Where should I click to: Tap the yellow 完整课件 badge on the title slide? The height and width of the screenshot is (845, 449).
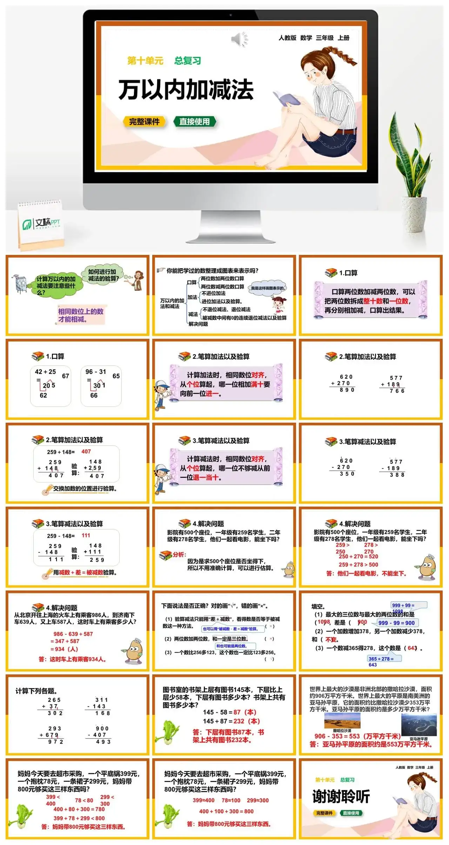pos(144,122)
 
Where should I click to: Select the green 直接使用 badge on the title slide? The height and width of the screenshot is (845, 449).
pos(194,122)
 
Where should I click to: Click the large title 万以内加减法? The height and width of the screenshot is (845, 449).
pos(186,90)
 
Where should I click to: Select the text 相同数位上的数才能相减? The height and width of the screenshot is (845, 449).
pos(81,315)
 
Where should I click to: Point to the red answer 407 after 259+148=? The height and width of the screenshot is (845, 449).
pos(86,451)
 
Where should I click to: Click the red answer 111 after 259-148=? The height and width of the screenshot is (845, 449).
pos(86,535)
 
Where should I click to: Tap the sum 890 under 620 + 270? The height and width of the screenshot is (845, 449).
pos(347,390)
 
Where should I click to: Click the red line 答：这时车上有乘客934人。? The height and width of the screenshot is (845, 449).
pos(72,659)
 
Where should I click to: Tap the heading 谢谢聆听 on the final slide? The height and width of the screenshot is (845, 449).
pos(341,797)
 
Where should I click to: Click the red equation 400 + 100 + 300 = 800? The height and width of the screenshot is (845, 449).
pos(226,811)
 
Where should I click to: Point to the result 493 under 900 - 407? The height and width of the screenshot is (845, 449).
pos(103,742)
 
